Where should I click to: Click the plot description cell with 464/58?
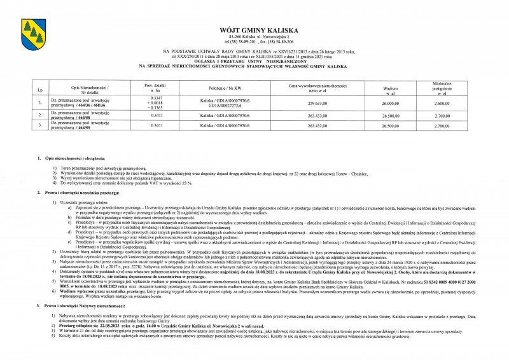pos(76,115)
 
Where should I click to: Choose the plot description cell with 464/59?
pos(76,126)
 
